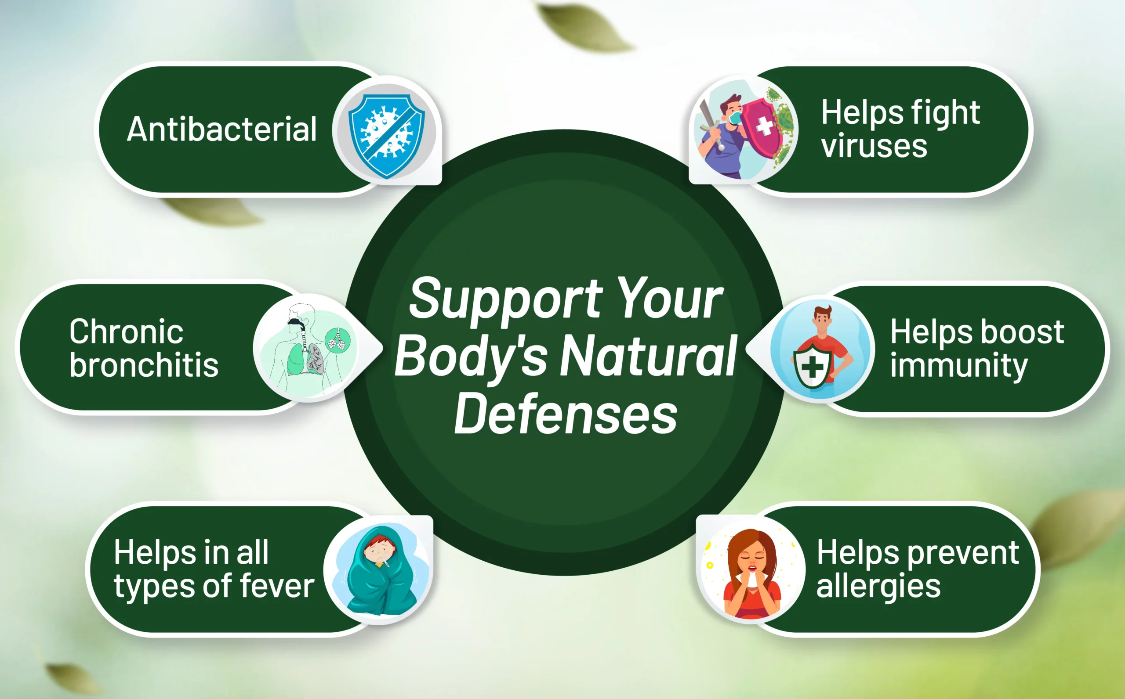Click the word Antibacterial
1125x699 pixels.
(222, 129)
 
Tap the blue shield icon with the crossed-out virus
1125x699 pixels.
(387, 136)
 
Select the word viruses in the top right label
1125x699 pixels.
(874, 147)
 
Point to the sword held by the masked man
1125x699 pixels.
(710, 125)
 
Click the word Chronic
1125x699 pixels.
(126, 331)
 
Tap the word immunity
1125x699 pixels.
(959, 367)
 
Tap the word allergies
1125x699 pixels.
(878, 587)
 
